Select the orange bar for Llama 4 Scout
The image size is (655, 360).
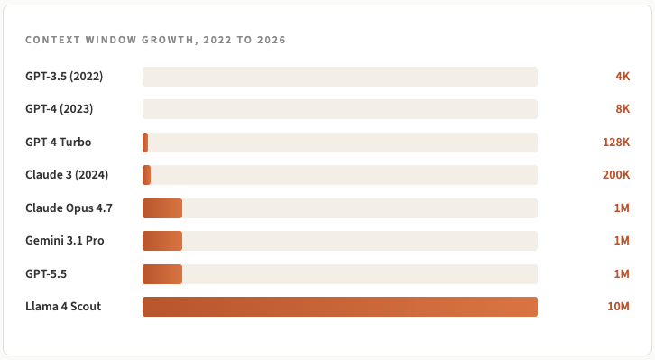(340, 307)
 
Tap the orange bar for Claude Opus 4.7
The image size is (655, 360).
(162, 208)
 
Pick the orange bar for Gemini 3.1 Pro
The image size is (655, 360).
(162, 241)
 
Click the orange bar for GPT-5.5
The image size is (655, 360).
(162, 274)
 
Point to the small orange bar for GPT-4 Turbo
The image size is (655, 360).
(145, 143)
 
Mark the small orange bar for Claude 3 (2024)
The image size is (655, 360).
(147, 175)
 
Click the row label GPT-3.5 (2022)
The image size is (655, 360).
(64, 77)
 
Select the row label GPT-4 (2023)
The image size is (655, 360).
(60, 109)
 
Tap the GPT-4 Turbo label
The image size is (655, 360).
(58, 142)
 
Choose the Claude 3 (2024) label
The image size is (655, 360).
(67, 174)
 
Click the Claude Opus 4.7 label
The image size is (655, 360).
(69, 208)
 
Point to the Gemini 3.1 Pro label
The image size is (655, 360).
(65, 241)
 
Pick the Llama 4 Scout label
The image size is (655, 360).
(63, 307)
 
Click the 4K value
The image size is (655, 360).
(623, 77)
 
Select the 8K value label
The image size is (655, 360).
(623, 109)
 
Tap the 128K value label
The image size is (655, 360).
(616, 143)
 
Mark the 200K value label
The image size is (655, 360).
(616, 175)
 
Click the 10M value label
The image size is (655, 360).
(618, 307)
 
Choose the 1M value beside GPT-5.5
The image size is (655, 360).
(622, 274)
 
